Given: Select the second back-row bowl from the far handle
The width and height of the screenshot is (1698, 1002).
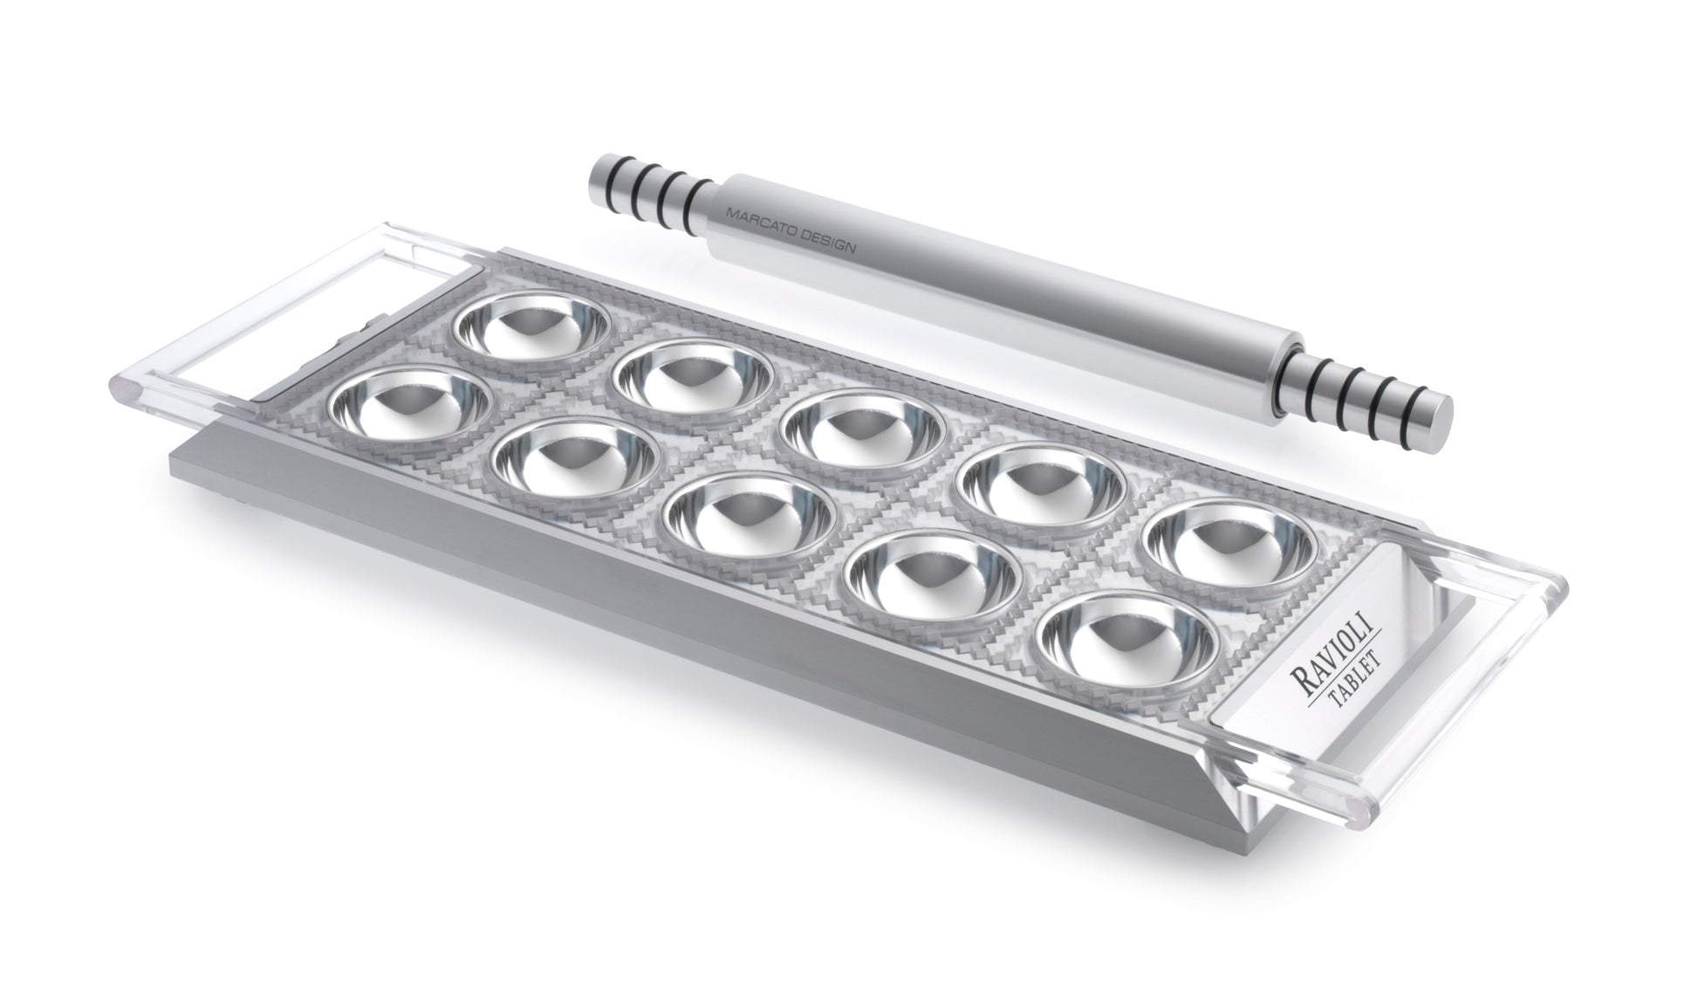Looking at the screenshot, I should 694,377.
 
